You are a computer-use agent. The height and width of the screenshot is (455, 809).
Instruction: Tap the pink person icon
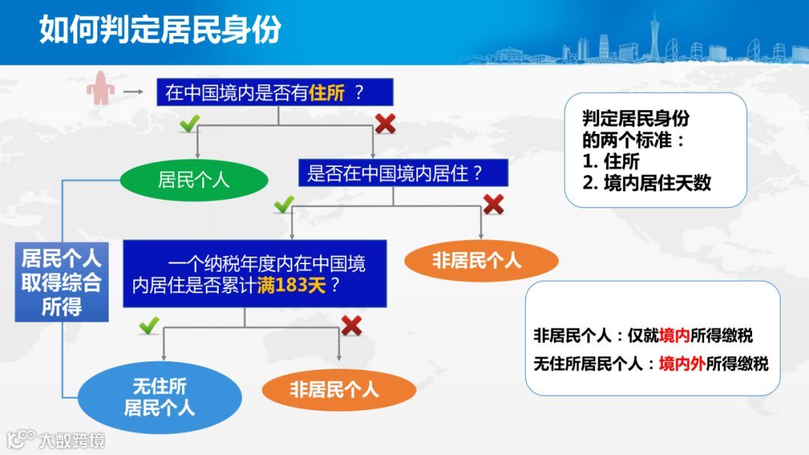click(x=100, y=89)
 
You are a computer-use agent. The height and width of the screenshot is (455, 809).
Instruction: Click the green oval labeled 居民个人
click(x=193, y=180)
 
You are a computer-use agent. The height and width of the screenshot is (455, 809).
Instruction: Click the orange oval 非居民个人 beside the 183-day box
click(x=481, y=260)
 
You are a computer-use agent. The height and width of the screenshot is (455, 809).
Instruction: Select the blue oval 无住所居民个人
click(x=160, y=397)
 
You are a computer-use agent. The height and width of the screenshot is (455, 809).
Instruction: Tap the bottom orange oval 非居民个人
click(x=339, y=389)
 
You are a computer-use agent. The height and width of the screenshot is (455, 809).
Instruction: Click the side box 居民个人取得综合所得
click(x=61, y=283)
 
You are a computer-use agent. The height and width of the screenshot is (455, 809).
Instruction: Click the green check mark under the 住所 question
click(x=189, y=123)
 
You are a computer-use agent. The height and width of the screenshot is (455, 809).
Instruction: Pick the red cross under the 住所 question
click(x=385, y=123)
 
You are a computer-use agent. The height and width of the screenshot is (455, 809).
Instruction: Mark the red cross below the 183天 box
click(x=351, y=325)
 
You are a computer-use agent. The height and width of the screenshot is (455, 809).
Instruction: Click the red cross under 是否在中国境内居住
click(x=493, y=204)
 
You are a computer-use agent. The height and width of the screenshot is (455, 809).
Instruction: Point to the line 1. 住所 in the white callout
click(x=610, y=161)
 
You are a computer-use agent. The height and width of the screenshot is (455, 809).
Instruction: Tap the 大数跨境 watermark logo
click(x=56, y=439)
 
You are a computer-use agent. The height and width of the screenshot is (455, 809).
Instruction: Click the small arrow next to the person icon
click(x=133, y=92)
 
